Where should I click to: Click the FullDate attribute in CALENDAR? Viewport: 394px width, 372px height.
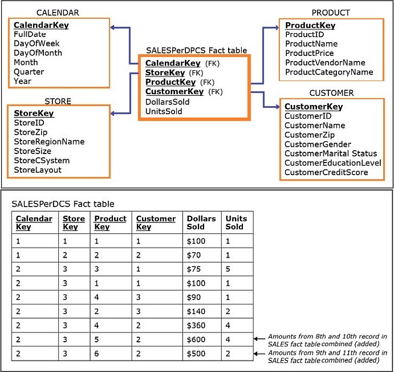(30, 34)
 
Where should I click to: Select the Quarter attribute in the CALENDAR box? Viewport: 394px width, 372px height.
(29, 72)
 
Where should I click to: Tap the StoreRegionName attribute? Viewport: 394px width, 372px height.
(49, 141)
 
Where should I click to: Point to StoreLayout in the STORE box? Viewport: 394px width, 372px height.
(38, 170)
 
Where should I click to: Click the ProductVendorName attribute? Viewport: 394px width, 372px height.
(325, 63)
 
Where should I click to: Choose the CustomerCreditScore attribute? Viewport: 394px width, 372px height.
(326, 172)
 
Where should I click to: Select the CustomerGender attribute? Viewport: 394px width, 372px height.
(318, 144)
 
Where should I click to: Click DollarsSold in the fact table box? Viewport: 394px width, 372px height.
(167, 102)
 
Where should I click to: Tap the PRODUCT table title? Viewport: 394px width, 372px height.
(331, 13)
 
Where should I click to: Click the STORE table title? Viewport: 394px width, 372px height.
(58, 101)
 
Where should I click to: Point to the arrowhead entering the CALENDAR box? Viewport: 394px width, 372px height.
(112, 27)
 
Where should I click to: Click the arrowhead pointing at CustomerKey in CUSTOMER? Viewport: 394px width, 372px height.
(277, 107)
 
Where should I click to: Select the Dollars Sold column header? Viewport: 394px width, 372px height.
(201, 223)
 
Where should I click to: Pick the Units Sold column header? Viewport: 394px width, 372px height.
(236, 223)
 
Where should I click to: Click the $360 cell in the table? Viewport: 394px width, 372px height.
(196, 325)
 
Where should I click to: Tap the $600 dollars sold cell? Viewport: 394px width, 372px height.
(196, 339)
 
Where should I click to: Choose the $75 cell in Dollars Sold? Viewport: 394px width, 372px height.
(194, 269)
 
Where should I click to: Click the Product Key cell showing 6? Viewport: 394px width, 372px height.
(96, 354)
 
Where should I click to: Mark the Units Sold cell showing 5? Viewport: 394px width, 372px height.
(228, 269)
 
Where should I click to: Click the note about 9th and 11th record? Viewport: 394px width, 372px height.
(327, 357)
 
